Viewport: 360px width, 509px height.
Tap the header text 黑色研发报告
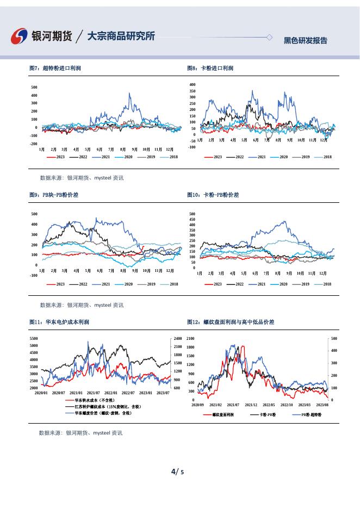click(306, 40)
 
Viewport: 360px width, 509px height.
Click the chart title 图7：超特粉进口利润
click(55, 68)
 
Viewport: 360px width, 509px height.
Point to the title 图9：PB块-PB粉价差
click(54, 195)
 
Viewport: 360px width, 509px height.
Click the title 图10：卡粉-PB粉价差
click(213, 195)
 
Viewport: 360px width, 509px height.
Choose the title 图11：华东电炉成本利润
click(59, 322)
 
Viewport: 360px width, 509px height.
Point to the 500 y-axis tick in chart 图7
click(34, 87)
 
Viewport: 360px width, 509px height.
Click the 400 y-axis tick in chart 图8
click(192, 85)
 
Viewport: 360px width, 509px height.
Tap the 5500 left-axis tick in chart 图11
click(33, 338)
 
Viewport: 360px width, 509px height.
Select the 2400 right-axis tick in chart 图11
click(178, 338)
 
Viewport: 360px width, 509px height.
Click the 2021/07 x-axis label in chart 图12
click(233, 405)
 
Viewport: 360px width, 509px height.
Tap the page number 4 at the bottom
click(173, 471)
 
